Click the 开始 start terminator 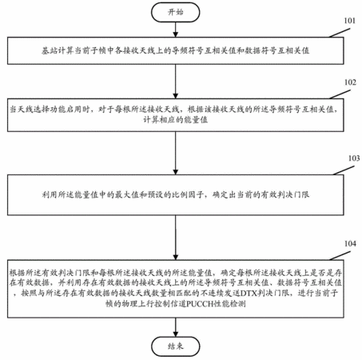pos(175,12)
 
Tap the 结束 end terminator pos(175,346)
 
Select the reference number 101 pos(349,21)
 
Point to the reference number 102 pos(350,82)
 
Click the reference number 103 pos(354,158)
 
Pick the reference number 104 pos(350,243)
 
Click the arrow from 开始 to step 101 pos(175,30)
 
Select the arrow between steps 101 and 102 pos(175,82)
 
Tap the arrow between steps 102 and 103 pos(175,153)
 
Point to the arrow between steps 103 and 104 pos(175,238)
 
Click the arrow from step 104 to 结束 pos(175,327)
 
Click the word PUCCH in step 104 pos(197,304)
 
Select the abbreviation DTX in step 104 pos(249,293)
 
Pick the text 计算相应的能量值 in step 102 pos(175,120)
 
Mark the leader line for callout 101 pos(339,33)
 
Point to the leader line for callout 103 pos(344,170)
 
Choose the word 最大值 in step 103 pos(127,194)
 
